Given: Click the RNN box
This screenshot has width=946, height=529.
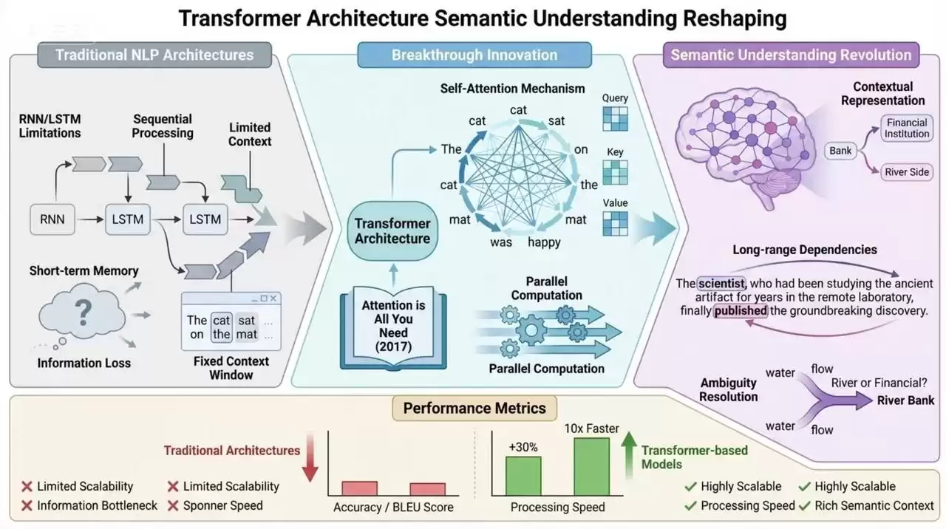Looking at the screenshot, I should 52,219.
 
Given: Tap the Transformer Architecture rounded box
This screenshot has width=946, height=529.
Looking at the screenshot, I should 392,231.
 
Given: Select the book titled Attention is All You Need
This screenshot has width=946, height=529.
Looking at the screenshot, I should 393,327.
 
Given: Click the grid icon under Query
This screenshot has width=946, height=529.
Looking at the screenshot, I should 615,118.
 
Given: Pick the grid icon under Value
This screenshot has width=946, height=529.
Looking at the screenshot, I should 615,223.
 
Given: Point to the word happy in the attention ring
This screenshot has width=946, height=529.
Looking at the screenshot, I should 544,242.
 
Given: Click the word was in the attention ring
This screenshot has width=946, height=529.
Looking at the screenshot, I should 501,242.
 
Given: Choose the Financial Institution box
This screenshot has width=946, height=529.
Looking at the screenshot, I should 907,128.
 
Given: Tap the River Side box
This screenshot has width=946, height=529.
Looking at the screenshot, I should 907,172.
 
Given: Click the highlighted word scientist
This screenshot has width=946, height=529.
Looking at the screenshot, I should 722,284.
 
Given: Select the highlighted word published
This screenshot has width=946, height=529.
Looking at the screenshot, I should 741,311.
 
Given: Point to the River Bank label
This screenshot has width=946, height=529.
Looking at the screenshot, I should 905,400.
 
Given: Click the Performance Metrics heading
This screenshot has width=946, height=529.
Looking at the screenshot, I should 474,408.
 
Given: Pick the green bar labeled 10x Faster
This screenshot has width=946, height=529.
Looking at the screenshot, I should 591,467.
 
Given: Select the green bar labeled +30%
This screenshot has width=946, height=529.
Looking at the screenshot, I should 523,477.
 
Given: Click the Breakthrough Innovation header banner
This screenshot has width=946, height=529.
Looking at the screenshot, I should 474,55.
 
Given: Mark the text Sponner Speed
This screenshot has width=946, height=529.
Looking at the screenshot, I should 222,506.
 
